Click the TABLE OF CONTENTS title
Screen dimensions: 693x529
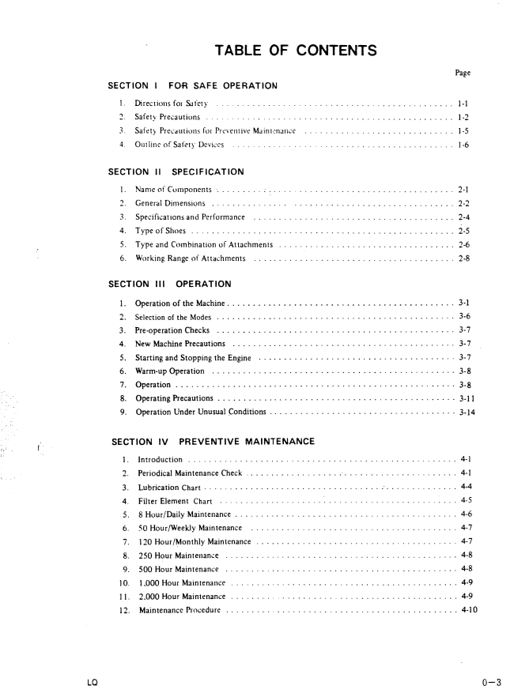[295, 52]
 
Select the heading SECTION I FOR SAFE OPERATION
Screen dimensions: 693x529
[192, 85]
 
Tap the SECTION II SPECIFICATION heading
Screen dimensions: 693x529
[176, 171]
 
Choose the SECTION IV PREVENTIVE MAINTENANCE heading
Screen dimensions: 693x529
[213, 441]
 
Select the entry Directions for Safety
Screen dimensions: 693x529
[172, 104]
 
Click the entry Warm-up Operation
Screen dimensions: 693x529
[170, 371]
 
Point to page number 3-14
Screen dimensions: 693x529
[467, 412]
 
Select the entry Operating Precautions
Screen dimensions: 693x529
[174, 398]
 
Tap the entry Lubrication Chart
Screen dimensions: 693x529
[169, 487]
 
